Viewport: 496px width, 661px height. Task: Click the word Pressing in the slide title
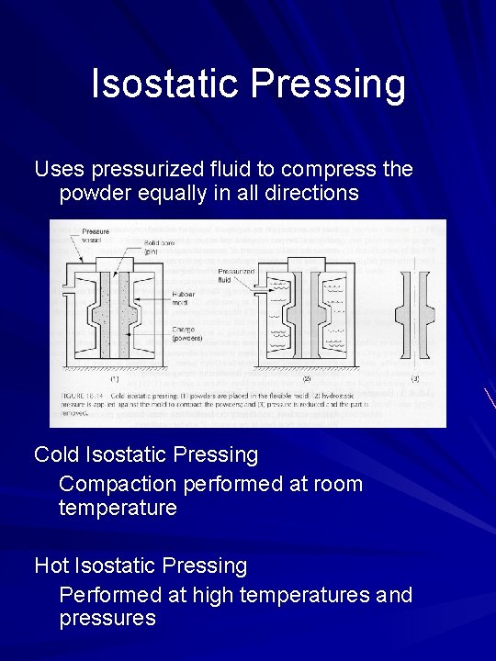pos(328,84)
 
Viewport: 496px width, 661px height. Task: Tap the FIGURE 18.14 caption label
pos(84,394)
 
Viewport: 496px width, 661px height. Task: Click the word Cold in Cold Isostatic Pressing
pos(56,454)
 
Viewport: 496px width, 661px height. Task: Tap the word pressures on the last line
pos(107,618)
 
